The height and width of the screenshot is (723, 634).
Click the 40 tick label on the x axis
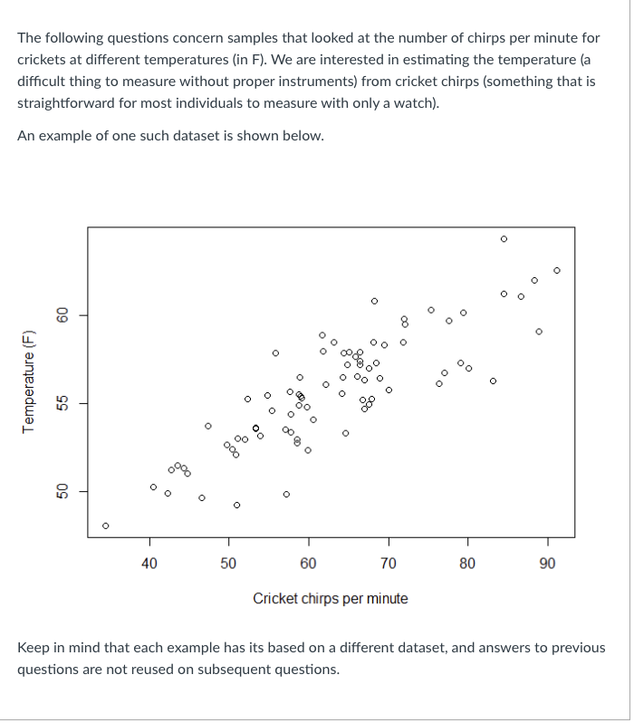pyautogui.click(x=149, y=563)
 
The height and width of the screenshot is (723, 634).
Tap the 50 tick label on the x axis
pyautogui.click(x=228, y=563)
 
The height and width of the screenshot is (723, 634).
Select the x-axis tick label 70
pyautogui.click(x=388, y=563)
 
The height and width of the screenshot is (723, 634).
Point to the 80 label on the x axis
pyautogui.click(x=467, y=563)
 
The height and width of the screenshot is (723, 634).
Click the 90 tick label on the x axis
pyautogui.click(x=547, y=563)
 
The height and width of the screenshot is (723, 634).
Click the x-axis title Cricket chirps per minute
pyautogui.click(x=330, y=598)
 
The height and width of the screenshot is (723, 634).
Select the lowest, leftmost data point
pyautogui.click(x=106, y=525)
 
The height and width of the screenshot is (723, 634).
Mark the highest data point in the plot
pyautogui.click(x=504, y=239)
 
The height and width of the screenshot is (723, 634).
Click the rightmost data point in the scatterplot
pyautogui.click(x=557, y=270)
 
